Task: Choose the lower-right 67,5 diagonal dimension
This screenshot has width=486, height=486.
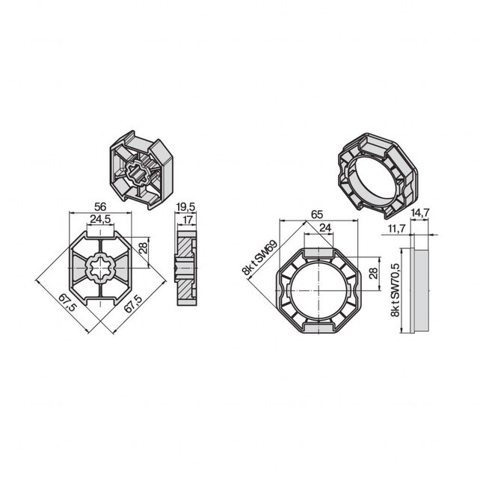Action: tap(133, 308)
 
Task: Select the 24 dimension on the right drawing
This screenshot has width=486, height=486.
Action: tap(325, 228)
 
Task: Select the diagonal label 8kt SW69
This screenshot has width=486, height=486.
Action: tap(257, 257)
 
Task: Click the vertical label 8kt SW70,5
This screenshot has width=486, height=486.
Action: tap(395, 285)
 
